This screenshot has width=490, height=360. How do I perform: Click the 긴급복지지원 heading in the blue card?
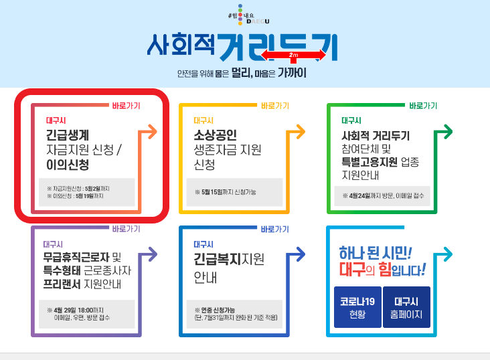tap(229, 259)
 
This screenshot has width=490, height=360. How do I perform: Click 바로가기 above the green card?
tap(423, 106)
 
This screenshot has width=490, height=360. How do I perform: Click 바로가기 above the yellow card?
tap(274, 106)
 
